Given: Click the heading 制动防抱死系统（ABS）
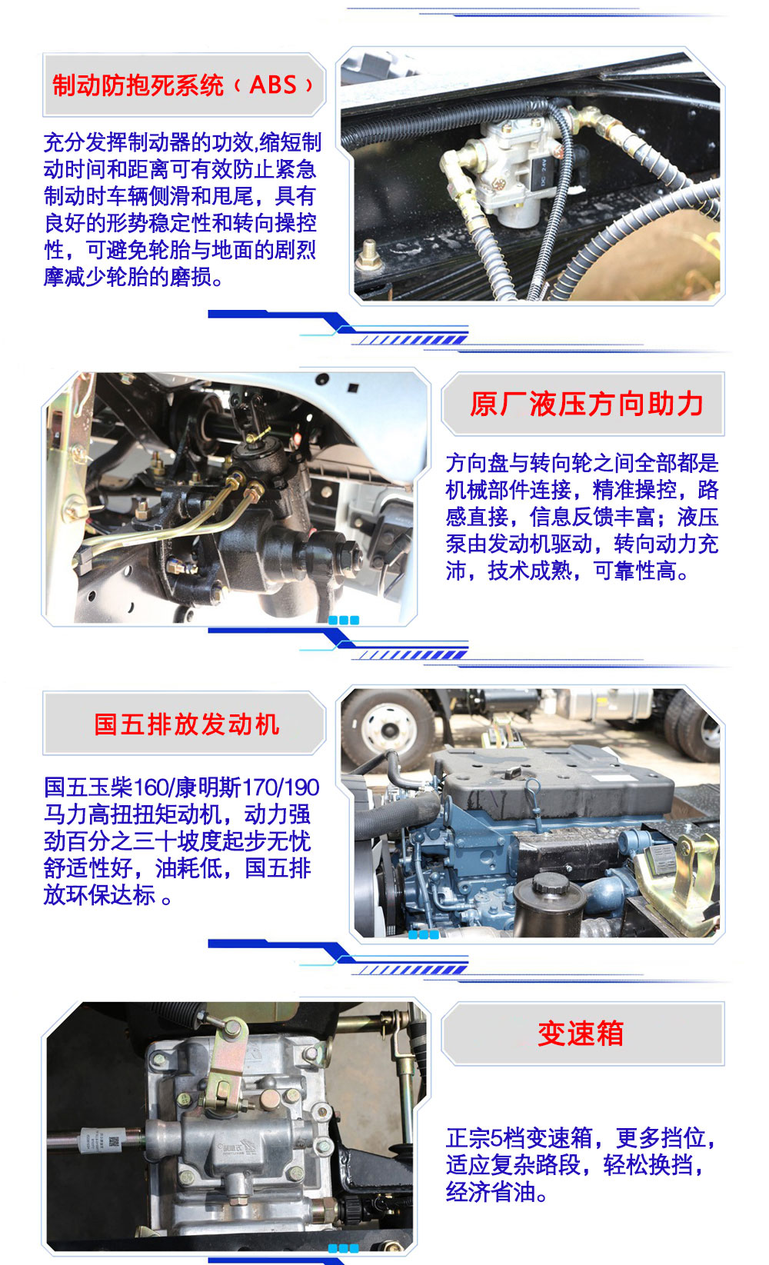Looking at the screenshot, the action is (182, 85).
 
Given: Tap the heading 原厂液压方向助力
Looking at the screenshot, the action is (586, 404).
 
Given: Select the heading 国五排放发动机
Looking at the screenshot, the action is (186, 724).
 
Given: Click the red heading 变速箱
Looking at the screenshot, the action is (581, 1034).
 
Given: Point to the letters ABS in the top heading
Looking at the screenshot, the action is (273, 85).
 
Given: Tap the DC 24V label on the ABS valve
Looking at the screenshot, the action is (543, 171).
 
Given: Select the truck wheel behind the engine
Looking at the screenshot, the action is (388, 728).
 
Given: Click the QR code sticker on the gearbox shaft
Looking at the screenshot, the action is (114, 1143).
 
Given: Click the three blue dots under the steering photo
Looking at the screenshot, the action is (343, 620).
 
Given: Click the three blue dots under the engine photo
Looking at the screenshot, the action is (424, 934).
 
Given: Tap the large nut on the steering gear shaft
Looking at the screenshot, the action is (351, 554).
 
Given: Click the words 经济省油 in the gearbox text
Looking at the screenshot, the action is (490, 1192).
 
